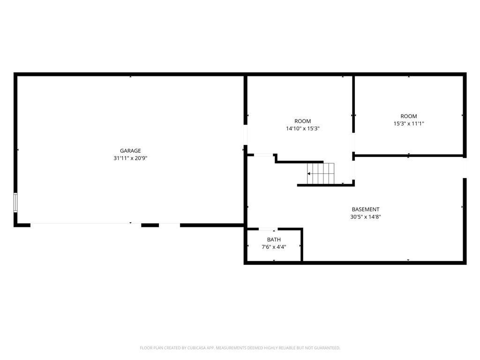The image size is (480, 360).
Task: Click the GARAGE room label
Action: tap(130, 150)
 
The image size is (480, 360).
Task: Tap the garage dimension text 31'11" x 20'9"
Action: tap(130, 158)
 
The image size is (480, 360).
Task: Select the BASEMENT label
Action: tap(366, 210)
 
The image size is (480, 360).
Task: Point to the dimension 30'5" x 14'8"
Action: tap(366, 217)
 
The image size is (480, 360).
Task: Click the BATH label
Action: tap(274, 240)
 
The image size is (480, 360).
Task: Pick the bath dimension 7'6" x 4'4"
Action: tap(274, 247)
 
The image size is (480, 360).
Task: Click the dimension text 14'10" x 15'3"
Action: tap(303, 128)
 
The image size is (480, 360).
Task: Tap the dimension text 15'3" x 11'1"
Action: tap(409, 124)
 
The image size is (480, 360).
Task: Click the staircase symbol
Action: tap(321, 173)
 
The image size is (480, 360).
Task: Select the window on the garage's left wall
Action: tap(15, 202)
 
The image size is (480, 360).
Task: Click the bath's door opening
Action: tap(268, 229)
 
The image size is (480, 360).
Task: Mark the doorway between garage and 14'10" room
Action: tap(245, 135)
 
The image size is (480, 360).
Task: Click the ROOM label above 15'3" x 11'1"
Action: tap(409, 116)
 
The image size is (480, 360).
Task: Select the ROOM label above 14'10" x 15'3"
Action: tap(303, 121)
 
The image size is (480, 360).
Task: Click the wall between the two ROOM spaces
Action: tap(353, 104)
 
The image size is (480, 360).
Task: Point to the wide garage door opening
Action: tap(86, 225)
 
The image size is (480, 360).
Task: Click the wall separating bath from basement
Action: tap(301, 245)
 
